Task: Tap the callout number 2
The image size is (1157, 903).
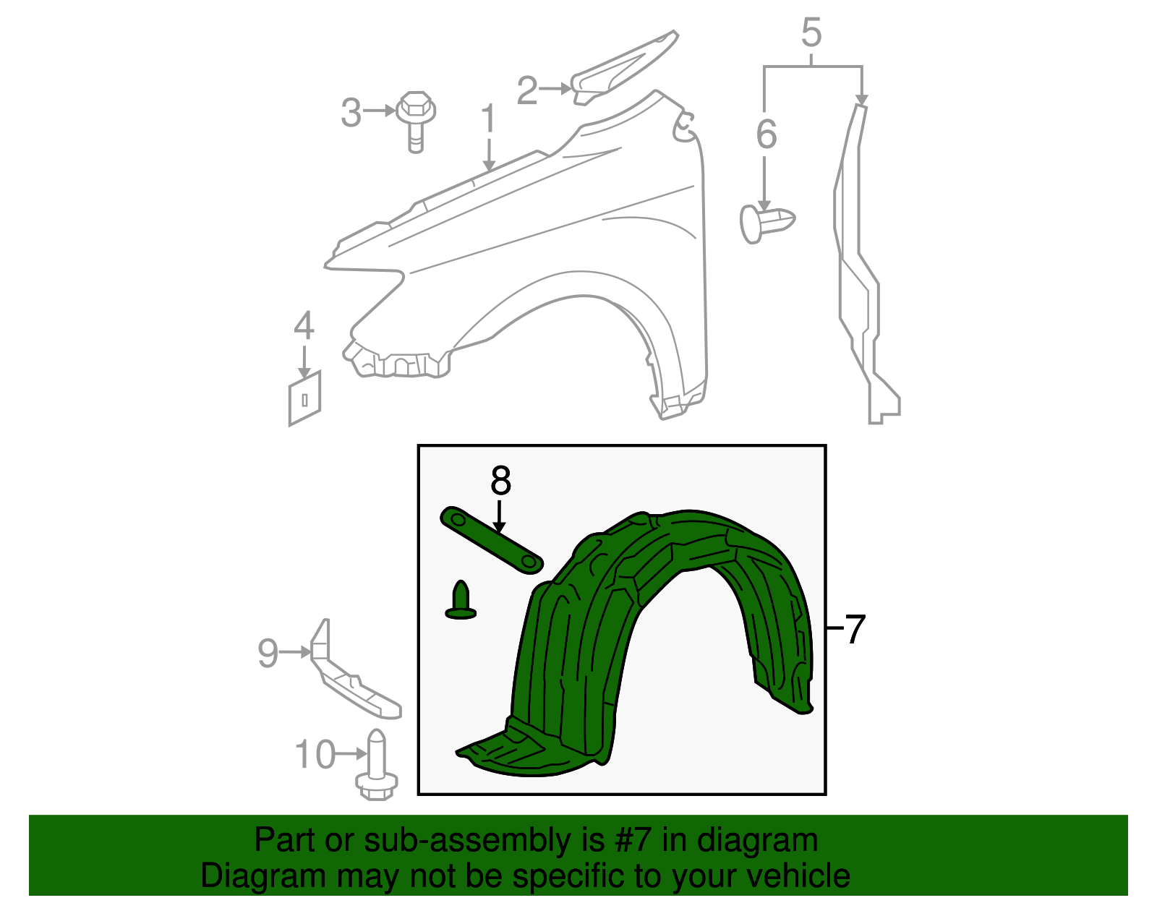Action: click(528, 90)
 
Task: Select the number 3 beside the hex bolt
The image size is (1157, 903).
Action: click(351, 113)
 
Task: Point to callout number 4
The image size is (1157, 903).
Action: click(304, 325)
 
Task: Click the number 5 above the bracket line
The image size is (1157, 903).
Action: click(811, 33)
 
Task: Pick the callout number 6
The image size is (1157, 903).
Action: click(767, 134)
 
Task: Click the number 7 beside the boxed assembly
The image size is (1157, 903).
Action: click(855, 628)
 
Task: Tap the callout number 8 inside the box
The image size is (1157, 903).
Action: click(500, 481)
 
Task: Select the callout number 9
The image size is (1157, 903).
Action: click(268, 652)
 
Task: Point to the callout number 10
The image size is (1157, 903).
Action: click(315, 754)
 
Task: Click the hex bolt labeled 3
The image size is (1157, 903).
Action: click(416, 122)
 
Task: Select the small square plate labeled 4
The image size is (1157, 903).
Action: click(304, 398)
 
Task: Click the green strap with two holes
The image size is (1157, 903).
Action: click(492, 540)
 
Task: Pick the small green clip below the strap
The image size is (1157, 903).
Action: click(461, 599)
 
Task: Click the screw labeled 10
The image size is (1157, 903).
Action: click(377, 764)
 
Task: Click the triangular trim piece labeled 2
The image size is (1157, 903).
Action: click(623, 67)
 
